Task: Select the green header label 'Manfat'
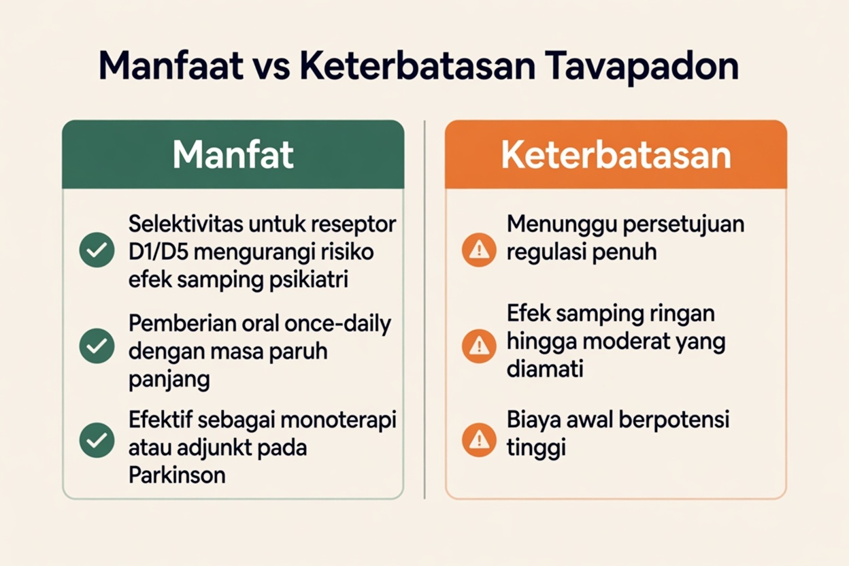coord(233,155)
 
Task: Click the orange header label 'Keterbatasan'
coord(616,155)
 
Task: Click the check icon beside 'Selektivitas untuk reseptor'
coord(97,250)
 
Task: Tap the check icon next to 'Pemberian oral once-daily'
coord(97,346)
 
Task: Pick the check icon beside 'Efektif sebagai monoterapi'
coord(97,440)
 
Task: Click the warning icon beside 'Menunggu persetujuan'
coord(479,250)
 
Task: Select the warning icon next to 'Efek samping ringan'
coord(479,346)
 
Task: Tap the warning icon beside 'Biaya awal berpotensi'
coord(479,440)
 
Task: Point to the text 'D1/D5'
coord(160,252)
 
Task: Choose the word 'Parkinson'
coord(177,474)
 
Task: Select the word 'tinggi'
coord(536,448)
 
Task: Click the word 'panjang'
coord(169,380)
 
